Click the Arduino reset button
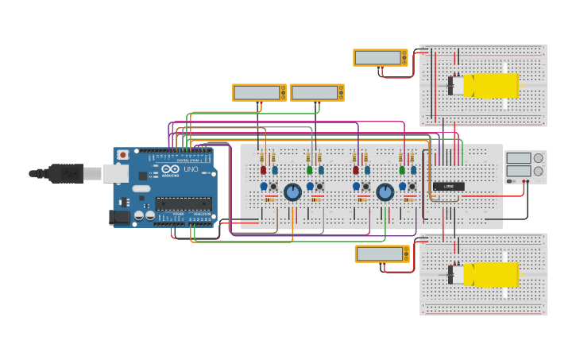[122, 154]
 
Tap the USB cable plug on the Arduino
[68, 172]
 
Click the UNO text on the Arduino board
[191, 169]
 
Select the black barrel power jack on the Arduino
[120, 216]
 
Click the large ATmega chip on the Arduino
[183, 203]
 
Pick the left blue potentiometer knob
[292, 192]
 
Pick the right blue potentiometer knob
[385, 192]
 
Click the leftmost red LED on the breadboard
[264, 169]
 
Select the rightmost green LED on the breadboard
[402, 169]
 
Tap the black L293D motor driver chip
[448, 186]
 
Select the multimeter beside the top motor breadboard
[381, 57]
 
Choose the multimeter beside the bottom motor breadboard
[382, 254]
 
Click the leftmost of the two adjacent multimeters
[259, 92]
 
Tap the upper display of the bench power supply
[518, 158]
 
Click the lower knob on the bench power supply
[539, 171]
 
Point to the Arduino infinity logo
[169, 169]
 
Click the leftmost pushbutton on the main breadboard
[273, 187]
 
